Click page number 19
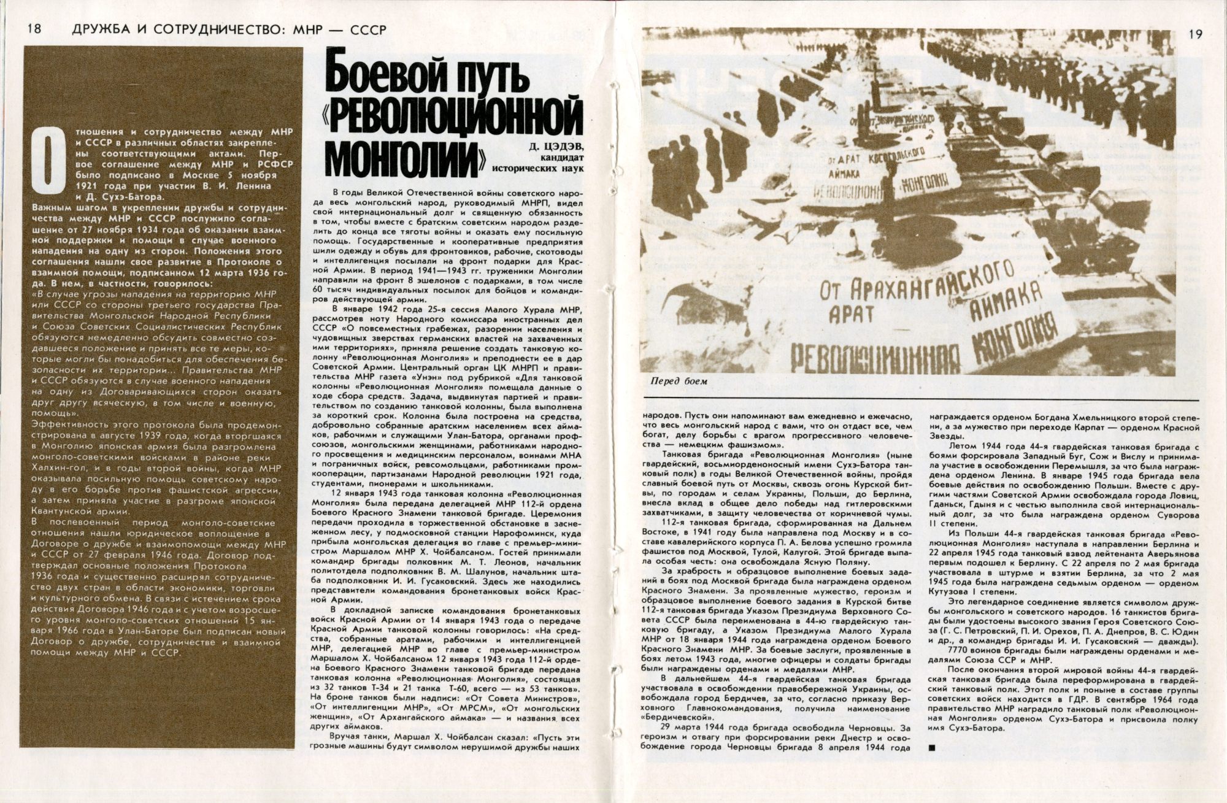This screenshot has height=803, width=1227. point(1195,34)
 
